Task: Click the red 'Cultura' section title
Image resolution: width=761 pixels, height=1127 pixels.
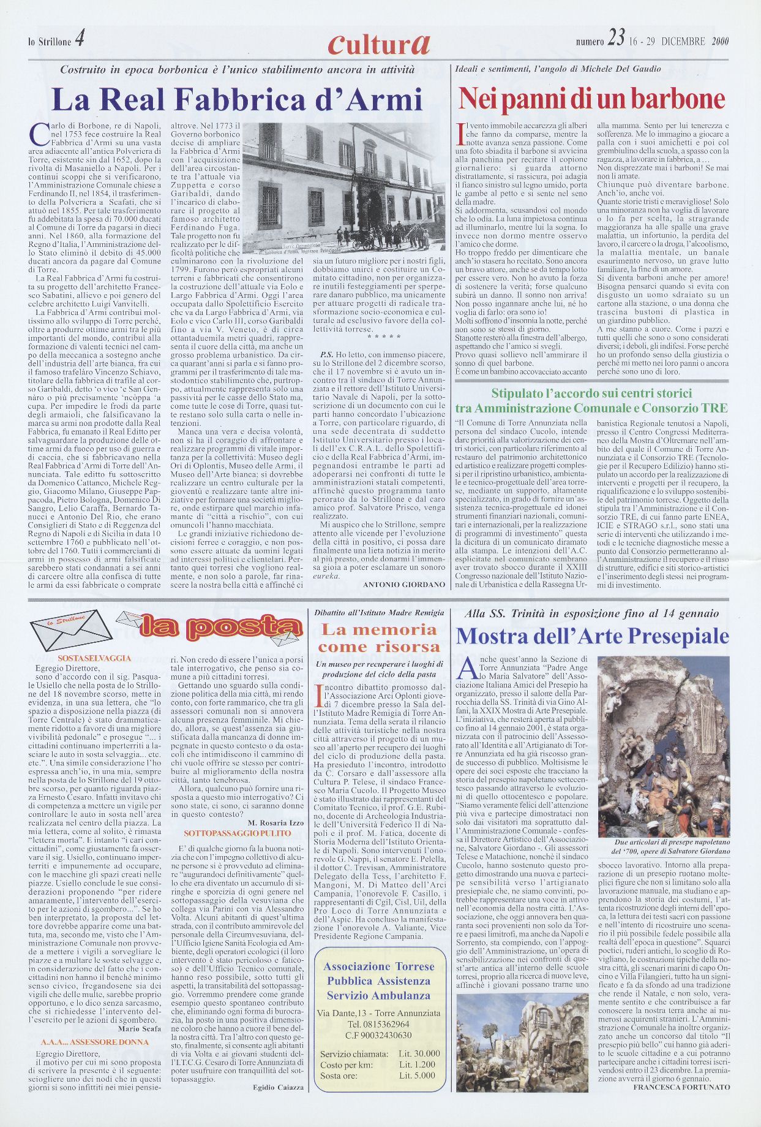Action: (379, 42)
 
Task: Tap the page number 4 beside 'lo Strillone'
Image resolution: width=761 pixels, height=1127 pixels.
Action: (80, 39)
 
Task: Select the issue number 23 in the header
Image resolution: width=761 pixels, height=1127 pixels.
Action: (616, 40)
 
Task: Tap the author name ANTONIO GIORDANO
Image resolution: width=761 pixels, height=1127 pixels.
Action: (404, 585)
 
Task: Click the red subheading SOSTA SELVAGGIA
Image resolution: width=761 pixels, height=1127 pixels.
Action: (94, 658)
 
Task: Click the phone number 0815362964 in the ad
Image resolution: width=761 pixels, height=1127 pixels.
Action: (378, 1023)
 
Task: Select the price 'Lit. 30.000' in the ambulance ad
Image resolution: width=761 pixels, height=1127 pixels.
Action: (419, 1054)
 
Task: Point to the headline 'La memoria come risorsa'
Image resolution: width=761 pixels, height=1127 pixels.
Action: (379, 638)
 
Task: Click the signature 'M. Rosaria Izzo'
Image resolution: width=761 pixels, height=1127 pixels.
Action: (276, 822)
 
